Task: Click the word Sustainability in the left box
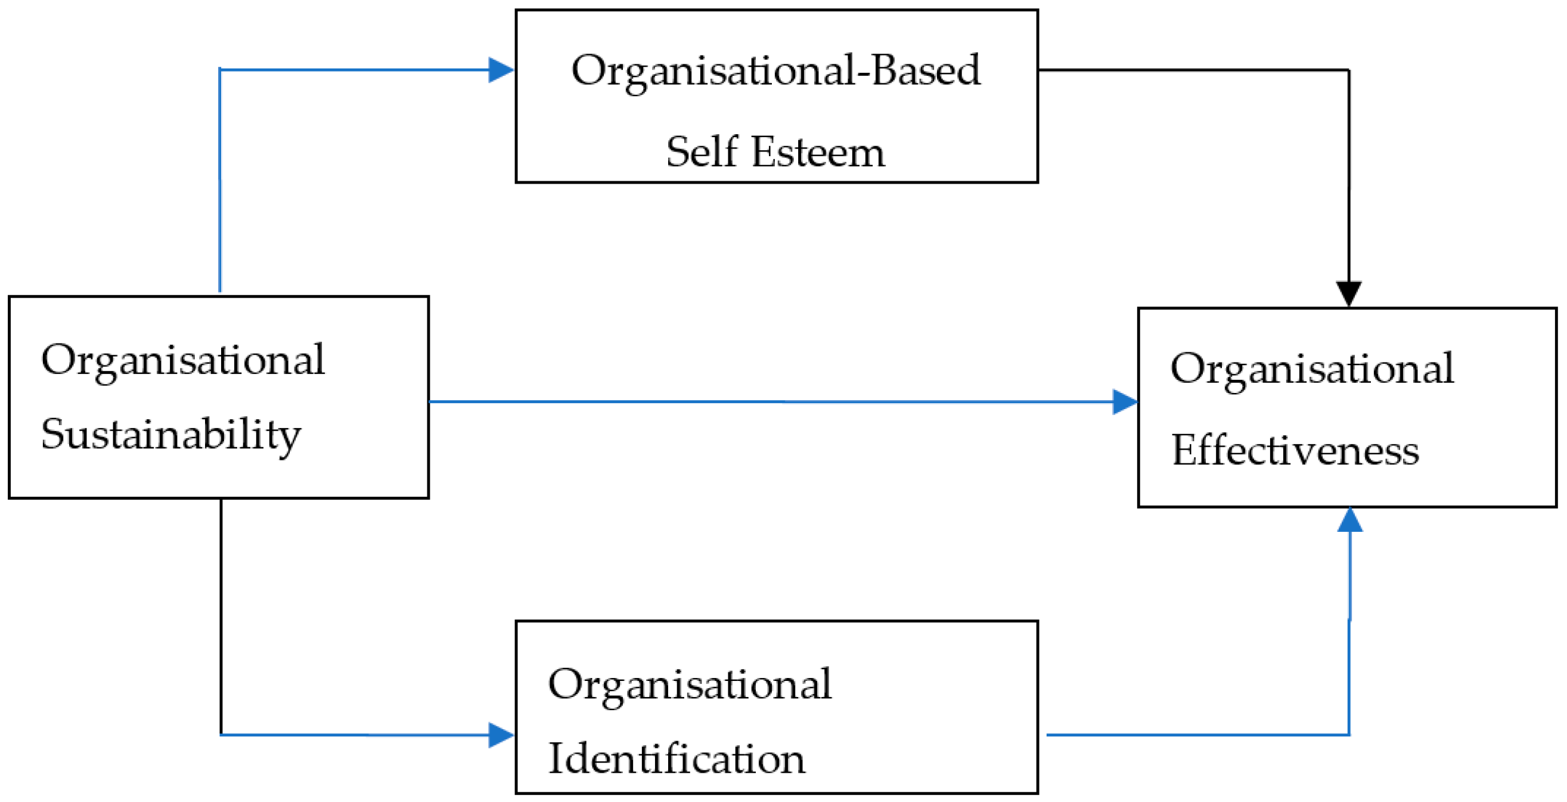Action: pyautogui.click(x=170, y=436)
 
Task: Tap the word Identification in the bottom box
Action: pyautogui.click(x=677, y=760)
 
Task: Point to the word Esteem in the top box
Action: pyautogui.click(x=818, y=152)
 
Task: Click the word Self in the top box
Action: pyautogui.click(x=701, y=152)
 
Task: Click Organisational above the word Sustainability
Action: pyautogui.click(x=182, y=361)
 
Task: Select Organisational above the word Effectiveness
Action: pyautogui.click(x=1311, y=369)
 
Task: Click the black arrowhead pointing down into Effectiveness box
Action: pyautogui.click(x=1349, y=292)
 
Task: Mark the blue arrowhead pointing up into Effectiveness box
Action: pyautogui.click(x=1350, y=521)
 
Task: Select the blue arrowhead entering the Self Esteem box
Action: pyautogui.click(x=501, y=70)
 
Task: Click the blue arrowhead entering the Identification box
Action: pyautogui.click(x=501, y=735)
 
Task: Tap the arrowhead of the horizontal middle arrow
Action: pyautogui.click(x=1125, y=402)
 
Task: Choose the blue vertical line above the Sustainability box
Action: pyautogui.click(x=219, y=182)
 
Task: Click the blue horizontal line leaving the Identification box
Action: pyautogui.click(x=1192, y=735)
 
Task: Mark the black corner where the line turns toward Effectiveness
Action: pyautogui.click(x=1349, y=70)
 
